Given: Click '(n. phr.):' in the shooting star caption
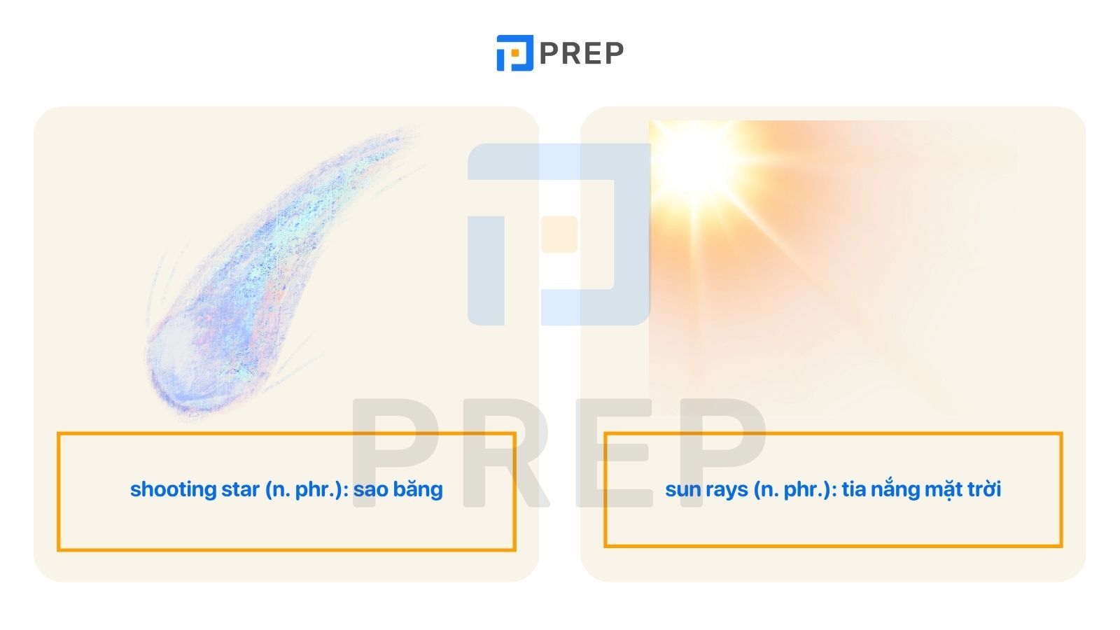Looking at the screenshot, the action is point(307,490).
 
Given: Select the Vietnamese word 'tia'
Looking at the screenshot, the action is point(854,489).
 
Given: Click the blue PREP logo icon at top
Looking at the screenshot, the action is point(514,53).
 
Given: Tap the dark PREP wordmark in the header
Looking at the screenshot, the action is point(582,53).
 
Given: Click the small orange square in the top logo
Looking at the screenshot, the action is point(515,52).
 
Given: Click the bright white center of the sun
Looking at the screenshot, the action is point(695,161).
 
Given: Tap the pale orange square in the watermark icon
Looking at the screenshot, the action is point(559,234).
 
